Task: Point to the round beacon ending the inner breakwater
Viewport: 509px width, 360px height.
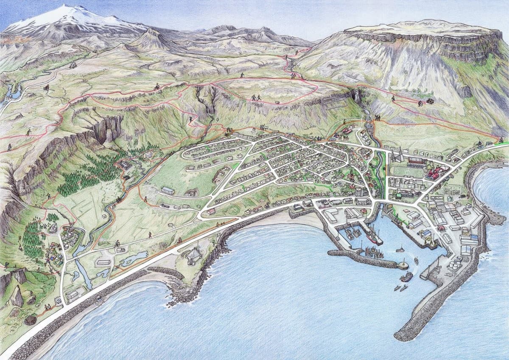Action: click(x=403, y=265)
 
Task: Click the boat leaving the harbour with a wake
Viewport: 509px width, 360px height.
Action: click(x=406, y=277)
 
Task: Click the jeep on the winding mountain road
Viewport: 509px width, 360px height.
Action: click(x=73, y=65)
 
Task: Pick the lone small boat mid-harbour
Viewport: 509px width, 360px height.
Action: click(x=400, y=250)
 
